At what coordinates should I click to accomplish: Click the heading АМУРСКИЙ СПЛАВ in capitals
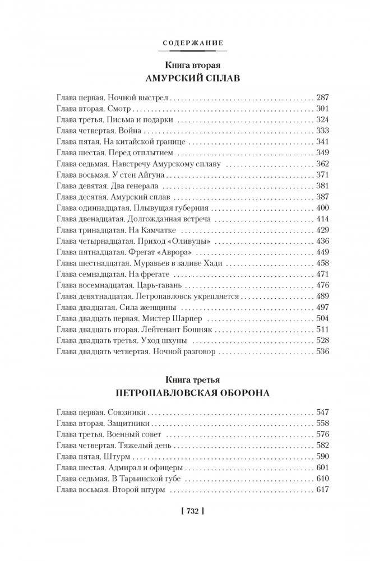(184, 78)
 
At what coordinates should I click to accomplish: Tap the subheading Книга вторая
(184, 64)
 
